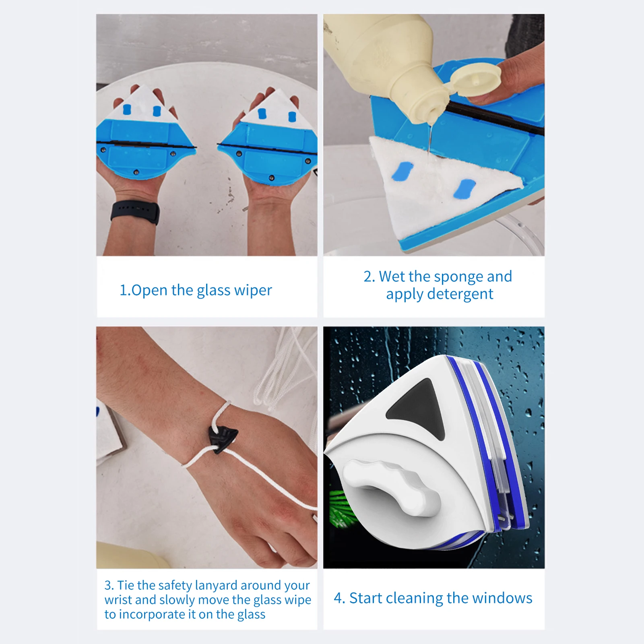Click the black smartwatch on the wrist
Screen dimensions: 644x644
(135, 212)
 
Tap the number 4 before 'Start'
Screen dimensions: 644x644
(339, 599)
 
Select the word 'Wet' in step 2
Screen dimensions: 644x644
(392, 277)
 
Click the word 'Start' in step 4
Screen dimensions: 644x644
(365, 598)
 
